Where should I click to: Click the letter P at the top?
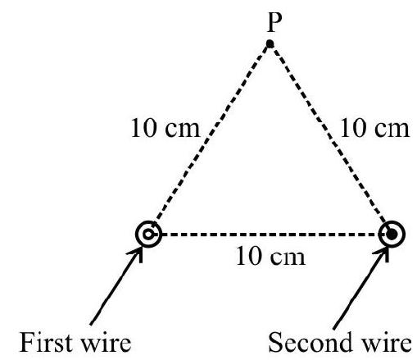pos(274,23)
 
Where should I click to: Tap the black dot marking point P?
pos(270,43)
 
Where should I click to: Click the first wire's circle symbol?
pos(148,234)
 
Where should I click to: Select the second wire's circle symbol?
pos(392,234)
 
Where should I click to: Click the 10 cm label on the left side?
pos(165,128)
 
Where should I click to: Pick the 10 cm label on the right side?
pos(374,128)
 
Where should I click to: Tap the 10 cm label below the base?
pos(270,257)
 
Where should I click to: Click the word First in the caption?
pos(46,342)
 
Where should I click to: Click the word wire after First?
pos(107,343)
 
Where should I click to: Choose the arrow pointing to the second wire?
pos(361,288)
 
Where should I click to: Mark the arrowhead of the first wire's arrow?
pos(138,253)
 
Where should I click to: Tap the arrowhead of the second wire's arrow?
pos(383,253)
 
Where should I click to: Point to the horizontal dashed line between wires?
pos(270,235)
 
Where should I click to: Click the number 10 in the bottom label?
pos(247,257)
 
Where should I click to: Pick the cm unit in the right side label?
pos(392,130)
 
